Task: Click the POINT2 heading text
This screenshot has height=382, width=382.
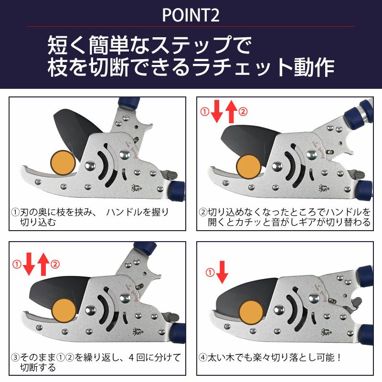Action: coord(191,15)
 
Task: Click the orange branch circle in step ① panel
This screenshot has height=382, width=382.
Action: coord(63,162)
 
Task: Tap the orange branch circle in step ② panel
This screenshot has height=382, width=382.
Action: coord(249,167)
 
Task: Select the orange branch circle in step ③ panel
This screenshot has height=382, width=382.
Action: coord(64,311)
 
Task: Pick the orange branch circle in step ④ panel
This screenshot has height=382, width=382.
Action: coord(251,313)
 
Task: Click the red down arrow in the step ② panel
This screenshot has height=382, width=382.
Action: coord(217,112)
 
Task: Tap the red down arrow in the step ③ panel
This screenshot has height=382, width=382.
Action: coord(29,264)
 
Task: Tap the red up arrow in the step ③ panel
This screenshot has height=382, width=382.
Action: coord(43,265)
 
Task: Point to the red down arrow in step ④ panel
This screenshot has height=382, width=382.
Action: coord(222,272)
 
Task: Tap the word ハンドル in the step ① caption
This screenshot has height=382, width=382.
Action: coord(124,212)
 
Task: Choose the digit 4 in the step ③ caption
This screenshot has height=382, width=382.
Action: coord(131,357)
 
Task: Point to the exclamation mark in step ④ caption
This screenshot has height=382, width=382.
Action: coord(339,357)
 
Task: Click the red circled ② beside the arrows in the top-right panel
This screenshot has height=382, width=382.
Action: coord(243,112)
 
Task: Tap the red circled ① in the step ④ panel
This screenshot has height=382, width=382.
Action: coord(210,272)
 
